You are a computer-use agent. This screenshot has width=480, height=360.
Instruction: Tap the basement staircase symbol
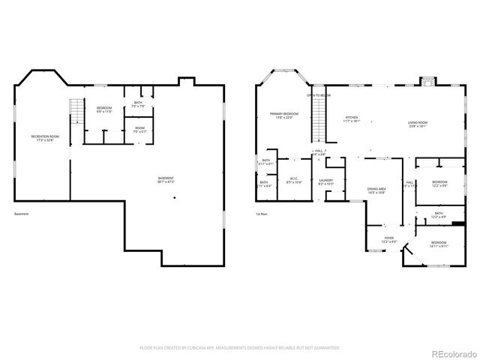pyautogui.click(x=75, y=112)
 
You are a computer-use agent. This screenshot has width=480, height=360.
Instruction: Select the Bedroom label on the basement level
pyautogui.click(x=103, y=110)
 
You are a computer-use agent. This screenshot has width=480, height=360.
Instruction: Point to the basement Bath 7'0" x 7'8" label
pyautogui.click(x=138, y=104)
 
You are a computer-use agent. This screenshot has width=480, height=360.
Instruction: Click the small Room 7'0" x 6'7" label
pyautogui.click(x=139, y=130)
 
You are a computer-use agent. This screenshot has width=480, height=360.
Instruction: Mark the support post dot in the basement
pyautogui.click(x=175, y=198)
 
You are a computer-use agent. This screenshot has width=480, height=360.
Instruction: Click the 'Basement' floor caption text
pyautogui.click(x=22, y=214)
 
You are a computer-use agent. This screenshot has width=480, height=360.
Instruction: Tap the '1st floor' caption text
pyautogui.click(x=262, y=214)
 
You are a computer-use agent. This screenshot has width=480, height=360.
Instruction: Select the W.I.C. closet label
pyautogui.click(x=294, y=180)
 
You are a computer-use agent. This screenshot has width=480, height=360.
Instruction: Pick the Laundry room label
pyautogui.click(x=325, y=181)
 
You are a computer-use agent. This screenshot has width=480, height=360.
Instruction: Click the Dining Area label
pyautogui.click(x=376, y=190)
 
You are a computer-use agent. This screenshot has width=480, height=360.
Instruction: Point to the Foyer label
pyautogui.click(x=389, y=240)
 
